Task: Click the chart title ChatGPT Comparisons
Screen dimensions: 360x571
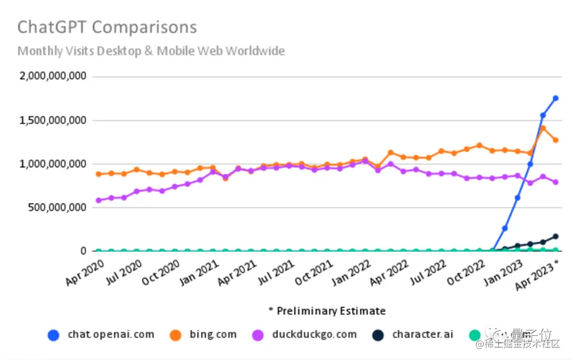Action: tap(107, 27)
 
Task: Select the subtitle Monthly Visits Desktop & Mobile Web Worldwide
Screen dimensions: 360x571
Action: tap(151, 51)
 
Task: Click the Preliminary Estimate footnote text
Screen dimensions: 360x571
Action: tap(327, 311)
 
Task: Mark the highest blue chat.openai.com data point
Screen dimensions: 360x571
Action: tap(556, 98)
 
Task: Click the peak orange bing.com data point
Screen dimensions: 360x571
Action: tap(543, 128)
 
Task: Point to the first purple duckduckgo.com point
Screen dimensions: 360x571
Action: tap(98, 200)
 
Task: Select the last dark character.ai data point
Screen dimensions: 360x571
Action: tap(556, 236)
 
